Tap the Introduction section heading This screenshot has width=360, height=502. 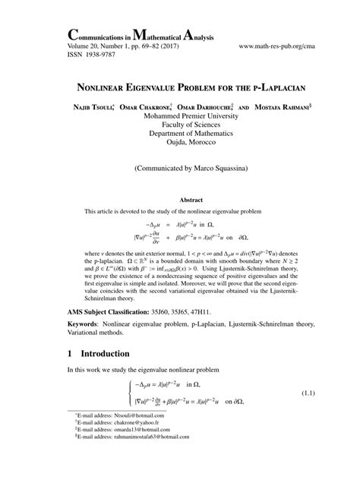click(107, 353)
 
